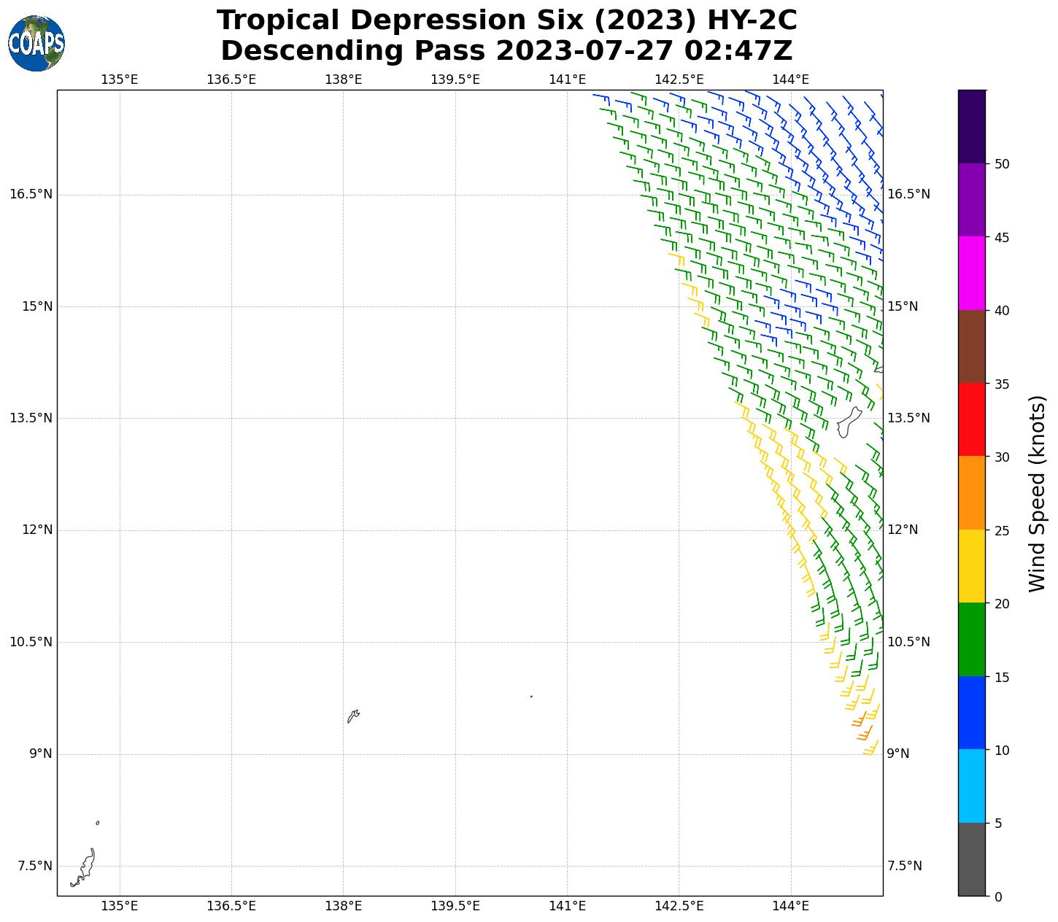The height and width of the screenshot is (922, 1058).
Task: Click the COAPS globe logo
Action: point(36,43)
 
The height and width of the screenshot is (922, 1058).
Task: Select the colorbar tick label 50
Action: point(1002,164)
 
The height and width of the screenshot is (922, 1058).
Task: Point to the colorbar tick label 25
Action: point(1002,530)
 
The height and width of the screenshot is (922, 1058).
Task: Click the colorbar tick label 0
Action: point(998,896)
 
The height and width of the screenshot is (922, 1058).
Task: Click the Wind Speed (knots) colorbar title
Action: point(1037,494)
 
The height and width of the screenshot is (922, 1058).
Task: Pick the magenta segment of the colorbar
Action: point(971,274)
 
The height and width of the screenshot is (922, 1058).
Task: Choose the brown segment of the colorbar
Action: point(971,346)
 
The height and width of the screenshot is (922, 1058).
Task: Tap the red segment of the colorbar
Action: point(971,419)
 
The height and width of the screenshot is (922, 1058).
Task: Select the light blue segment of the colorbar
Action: point(971,786)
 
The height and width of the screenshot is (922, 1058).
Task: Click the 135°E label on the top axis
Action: point(119,80)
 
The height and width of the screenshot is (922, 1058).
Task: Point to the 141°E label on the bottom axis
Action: point(567,906)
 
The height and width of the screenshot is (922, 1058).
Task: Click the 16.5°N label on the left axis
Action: point(31,194)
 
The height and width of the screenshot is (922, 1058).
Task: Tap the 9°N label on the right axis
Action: point(897,754)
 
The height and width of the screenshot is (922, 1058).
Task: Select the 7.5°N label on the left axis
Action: point(34,866)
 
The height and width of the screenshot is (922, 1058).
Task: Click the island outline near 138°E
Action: point(353,716)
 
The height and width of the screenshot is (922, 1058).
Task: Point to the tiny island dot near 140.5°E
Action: point(531,697)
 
